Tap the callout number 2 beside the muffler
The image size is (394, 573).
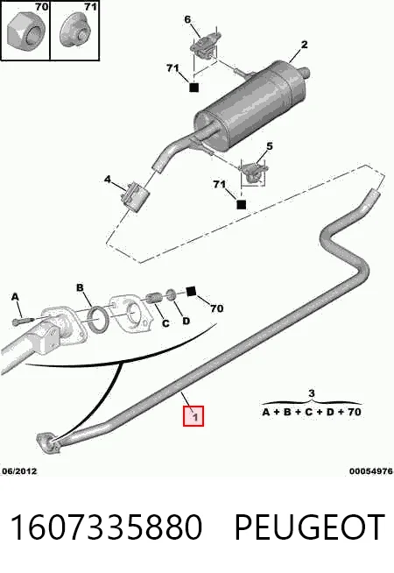304,45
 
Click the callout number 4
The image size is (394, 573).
108,180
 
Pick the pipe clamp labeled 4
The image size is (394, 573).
135,196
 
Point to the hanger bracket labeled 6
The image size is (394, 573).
205,44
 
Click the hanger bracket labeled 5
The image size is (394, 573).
253,171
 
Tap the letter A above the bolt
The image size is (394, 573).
15,297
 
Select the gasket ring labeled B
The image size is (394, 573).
98,319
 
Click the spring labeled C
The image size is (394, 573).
154,298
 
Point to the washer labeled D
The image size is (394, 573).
171,294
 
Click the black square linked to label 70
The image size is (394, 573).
191,291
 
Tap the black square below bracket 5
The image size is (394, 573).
242,205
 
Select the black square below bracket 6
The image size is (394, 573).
193,88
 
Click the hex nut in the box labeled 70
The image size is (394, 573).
26,32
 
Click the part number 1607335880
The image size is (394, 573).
106,527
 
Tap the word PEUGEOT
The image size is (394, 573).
310,527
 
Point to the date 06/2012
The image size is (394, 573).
20,471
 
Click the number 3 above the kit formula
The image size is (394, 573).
311,393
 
